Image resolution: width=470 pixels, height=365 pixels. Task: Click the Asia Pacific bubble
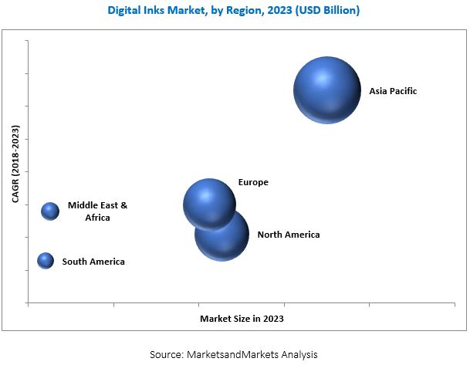[327, 90]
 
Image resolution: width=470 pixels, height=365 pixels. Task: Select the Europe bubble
[209, 205]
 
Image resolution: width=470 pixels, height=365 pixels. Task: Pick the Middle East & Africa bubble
[50, 211]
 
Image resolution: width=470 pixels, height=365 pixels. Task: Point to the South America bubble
[46, 261]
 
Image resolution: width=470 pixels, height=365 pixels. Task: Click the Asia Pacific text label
[393, 91]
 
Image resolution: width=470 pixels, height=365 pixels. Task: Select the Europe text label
[253, 183]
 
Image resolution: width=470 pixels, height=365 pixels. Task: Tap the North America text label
[288, 235]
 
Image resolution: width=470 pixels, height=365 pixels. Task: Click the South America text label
[93, 262]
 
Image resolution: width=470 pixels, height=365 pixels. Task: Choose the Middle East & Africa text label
[97, 211]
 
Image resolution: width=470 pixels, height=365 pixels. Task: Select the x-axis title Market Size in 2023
[242, 318]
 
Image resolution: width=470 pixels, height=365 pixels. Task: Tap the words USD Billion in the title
[323, 11]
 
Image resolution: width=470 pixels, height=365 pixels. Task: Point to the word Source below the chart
[166, 353]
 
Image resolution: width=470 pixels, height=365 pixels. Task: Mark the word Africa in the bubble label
[98, 218]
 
